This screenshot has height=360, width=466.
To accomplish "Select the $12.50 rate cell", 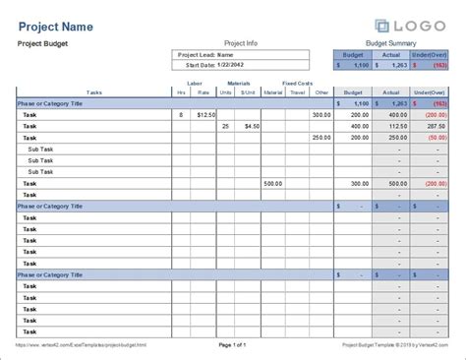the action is point(204,115).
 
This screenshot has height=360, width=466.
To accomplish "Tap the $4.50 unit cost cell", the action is point(252,126).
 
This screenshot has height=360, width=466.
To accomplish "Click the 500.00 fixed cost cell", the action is point(273,183).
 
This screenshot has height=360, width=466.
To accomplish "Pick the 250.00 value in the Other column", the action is point(320,138).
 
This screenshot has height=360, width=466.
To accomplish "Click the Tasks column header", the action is point(94,92).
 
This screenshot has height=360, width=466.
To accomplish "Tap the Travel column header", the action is point(297,92).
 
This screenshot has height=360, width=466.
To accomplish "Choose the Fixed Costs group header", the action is point(297,84).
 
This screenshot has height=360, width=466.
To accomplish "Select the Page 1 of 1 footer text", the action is point(233,345).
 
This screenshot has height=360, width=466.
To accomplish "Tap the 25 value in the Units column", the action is point(226,126).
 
